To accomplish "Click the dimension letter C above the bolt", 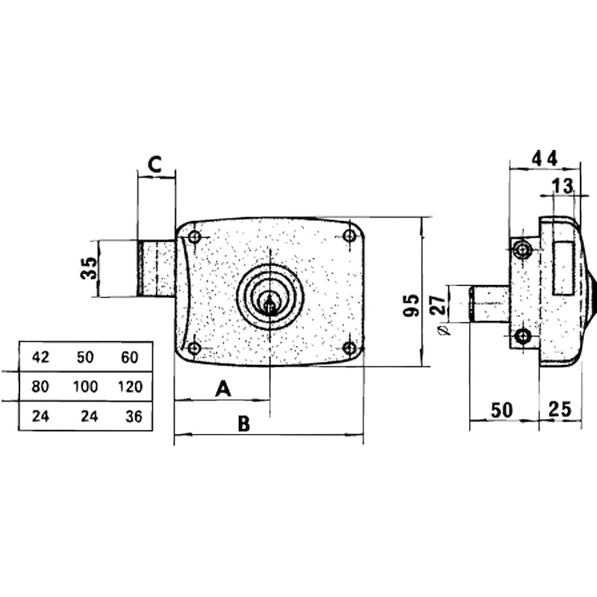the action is point(154,164).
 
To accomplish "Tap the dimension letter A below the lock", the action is point(223,389).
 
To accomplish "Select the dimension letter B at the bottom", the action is point(244,423).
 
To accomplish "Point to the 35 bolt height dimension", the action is point(90,268).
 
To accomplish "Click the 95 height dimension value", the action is point(411,305).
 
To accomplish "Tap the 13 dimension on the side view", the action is point(563,186).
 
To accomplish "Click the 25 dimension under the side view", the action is point(560,409).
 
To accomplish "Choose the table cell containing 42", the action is point(41,357).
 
